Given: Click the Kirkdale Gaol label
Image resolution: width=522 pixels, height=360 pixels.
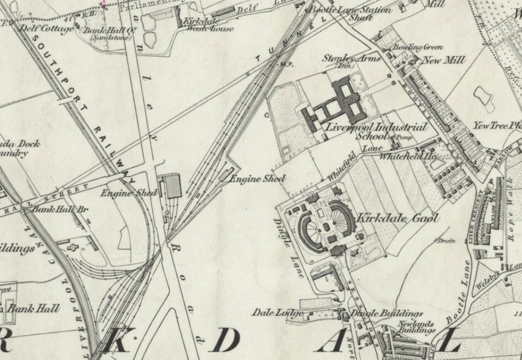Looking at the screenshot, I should [x=397, y=218].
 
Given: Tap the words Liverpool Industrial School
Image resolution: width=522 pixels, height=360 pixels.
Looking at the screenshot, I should [x=376, y=131].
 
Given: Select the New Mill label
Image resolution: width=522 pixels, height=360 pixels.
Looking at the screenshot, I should [x=444, y=61].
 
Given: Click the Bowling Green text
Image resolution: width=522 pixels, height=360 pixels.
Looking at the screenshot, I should [x=418, y=47].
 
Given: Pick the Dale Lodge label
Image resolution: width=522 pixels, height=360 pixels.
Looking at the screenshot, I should [x=277, y=313].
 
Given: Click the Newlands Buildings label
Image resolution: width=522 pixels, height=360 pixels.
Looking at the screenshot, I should [x=416, y=327].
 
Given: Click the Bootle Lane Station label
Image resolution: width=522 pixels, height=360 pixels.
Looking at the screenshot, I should [x=351, y=10].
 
